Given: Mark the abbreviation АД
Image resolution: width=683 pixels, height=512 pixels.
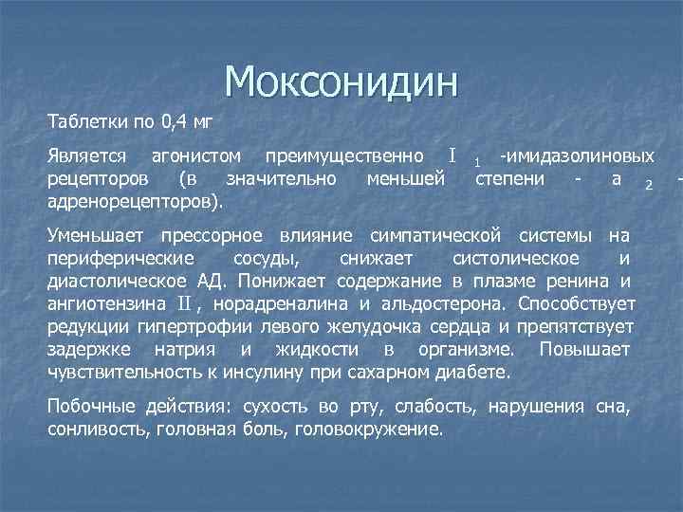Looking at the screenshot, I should point(214,281).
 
